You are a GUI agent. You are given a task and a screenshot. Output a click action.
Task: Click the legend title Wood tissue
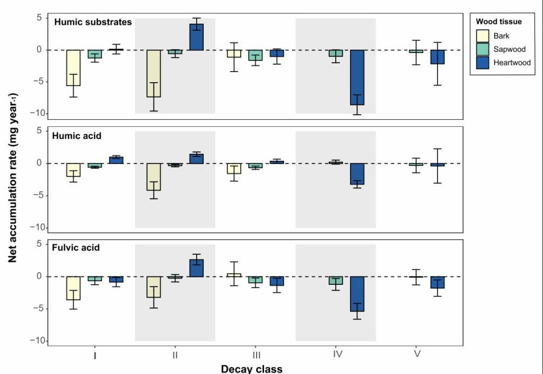point(498,22)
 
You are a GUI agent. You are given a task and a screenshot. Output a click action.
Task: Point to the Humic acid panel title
point(77,136)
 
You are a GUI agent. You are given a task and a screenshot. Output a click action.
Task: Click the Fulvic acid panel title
point(76,247)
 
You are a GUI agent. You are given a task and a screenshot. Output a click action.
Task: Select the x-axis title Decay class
point(251,368)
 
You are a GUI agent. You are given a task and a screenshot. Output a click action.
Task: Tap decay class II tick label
point(175,355)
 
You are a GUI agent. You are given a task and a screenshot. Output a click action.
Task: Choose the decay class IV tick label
point(337,355)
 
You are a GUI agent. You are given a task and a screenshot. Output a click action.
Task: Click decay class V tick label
point(417,355)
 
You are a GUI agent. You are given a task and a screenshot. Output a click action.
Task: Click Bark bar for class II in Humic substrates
point(154,73)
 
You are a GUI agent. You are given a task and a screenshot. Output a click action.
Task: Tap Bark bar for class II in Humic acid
point(154,177)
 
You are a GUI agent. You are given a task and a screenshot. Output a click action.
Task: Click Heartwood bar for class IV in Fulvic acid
point(357,294)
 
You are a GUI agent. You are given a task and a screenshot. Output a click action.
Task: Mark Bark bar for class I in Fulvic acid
point(73,288)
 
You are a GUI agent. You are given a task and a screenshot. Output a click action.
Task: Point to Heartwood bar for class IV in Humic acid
point(357,174)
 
